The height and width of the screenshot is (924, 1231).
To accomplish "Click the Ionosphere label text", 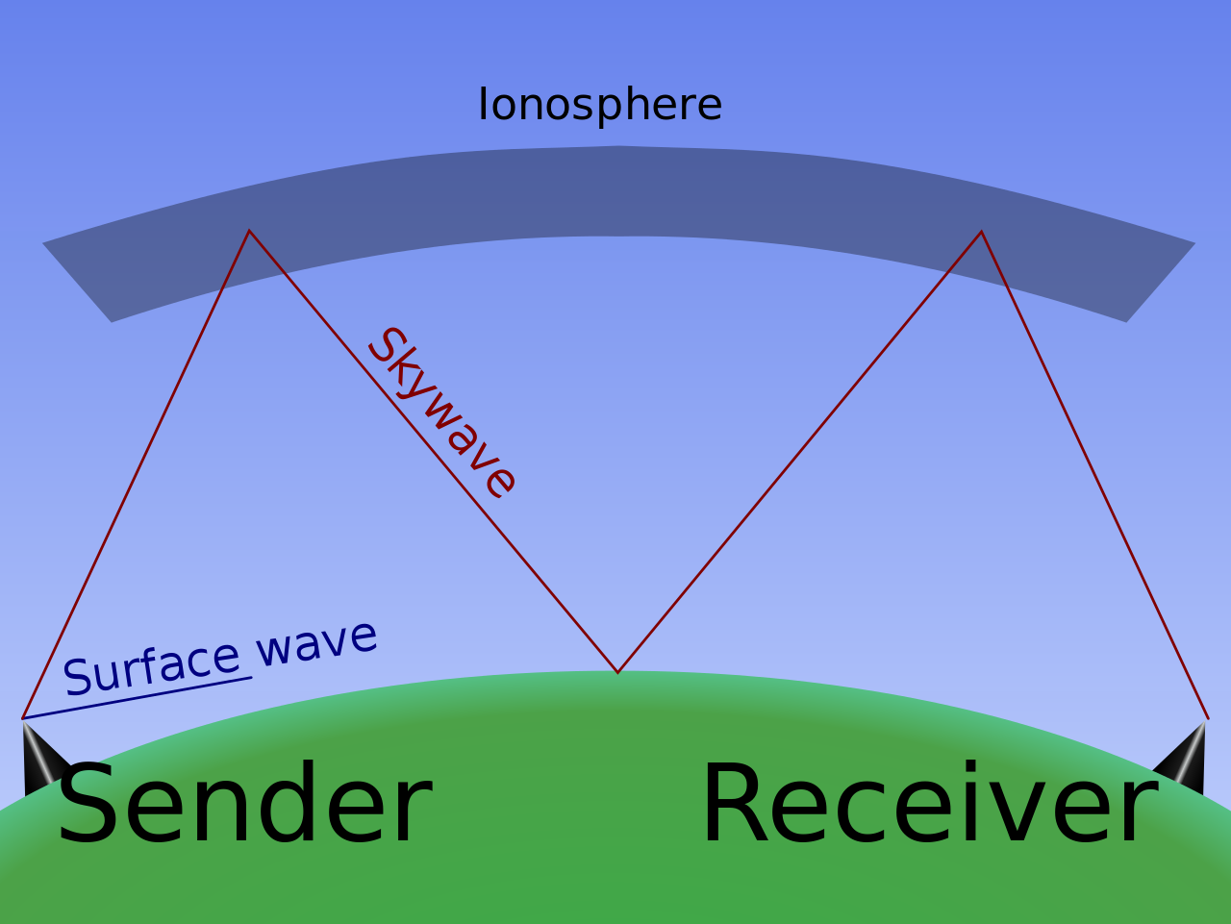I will click(599, 105).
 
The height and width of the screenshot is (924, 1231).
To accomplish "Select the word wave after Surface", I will click(317, 641).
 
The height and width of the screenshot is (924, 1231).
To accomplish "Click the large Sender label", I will click(244, 805).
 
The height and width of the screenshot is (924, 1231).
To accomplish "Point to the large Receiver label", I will click(929, 805).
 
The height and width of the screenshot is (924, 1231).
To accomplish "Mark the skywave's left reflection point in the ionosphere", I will click(249, 232).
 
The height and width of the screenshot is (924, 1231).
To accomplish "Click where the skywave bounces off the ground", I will click(617, 671).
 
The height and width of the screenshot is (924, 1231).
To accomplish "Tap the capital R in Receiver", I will click(737, 805).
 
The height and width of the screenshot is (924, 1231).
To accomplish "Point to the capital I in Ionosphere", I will click(484, 105).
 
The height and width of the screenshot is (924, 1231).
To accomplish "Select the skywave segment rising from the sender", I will click(135, 476).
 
